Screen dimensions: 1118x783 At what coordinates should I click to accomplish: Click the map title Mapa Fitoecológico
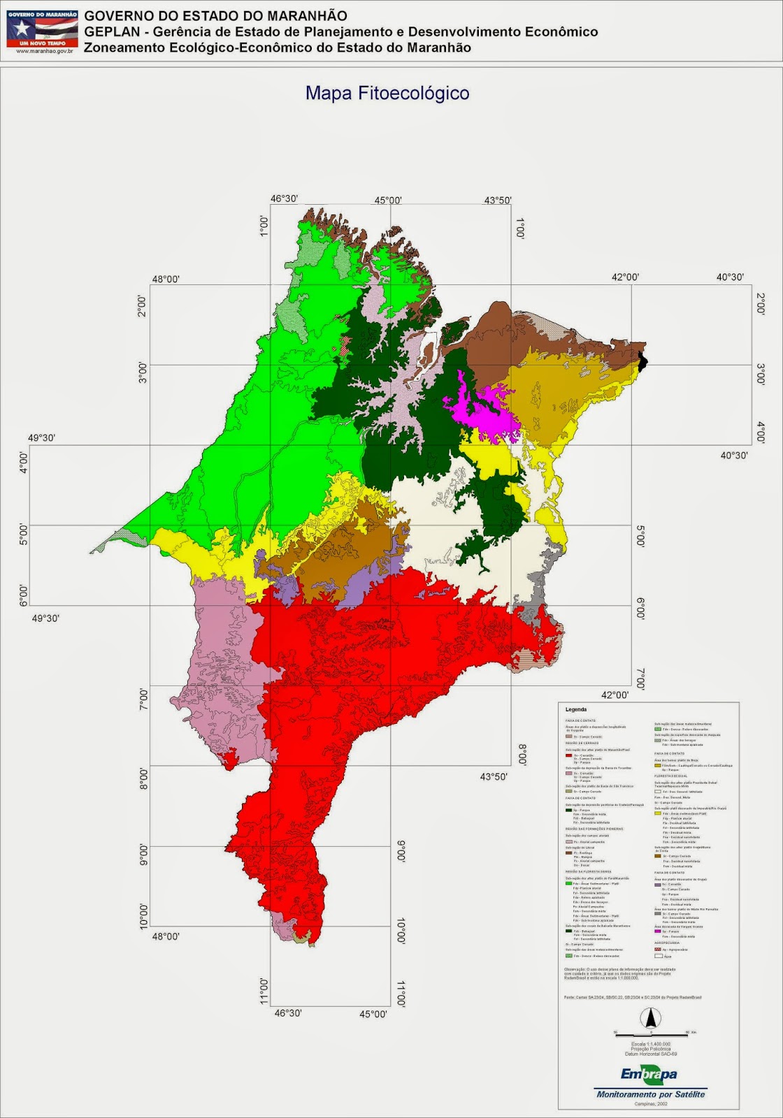pyautogui.click(x=387, y=93)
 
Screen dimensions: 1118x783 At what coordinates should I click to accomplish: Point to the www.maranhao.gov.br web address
pyautogui.click(x=42, y=51)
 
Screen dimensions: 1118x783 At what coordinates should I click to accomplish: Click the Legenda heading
pyautogui.click(x=576, y=709)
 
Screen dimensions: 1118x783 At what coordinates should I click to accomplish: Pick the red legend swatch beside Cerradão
pyautogui.click(x=569, y=755)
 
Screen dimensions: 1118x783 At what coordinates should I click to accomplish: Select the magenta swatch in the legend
pyautogui.click(x=657, y=931)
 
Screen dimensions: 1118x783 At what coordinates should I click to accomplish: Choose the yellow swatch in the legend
pyautogui.click(x=657, y=813)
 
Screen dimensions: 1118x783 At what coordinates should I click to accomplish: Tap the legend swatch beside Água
pyautogui.click(x=657, y=956)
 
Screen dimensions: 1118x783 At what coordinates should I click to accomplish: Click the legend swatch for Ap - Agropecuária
pyautogui.click(x=657, y=949)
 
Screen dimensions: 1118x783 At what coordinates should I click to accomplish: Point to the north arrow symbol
pyautogui.click(x=649, y=1018)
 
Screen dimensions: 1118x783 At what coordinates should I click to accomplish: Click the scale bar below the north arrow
pyautogui.click(x=650, y=1033)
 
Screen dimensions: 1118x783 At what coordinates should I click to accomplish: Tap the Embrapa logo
pyautogui.click(x=649, y=1075)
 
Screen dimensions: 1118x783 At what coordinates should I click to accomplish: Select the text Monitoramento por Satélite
pyautogui.click(x=650, y=1094)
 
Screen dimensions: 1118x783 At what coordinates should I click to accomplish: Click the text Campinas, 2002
pyautogui.click(x=650, y=1104)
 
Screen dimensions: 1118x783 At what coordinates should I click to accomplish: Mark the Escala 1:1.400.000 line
pyautogui.click(x=650, y=1044)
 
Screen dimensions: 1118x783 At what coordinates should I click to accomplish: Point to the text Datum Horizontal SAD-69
pyautogui.click(x=650, y=1054)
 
